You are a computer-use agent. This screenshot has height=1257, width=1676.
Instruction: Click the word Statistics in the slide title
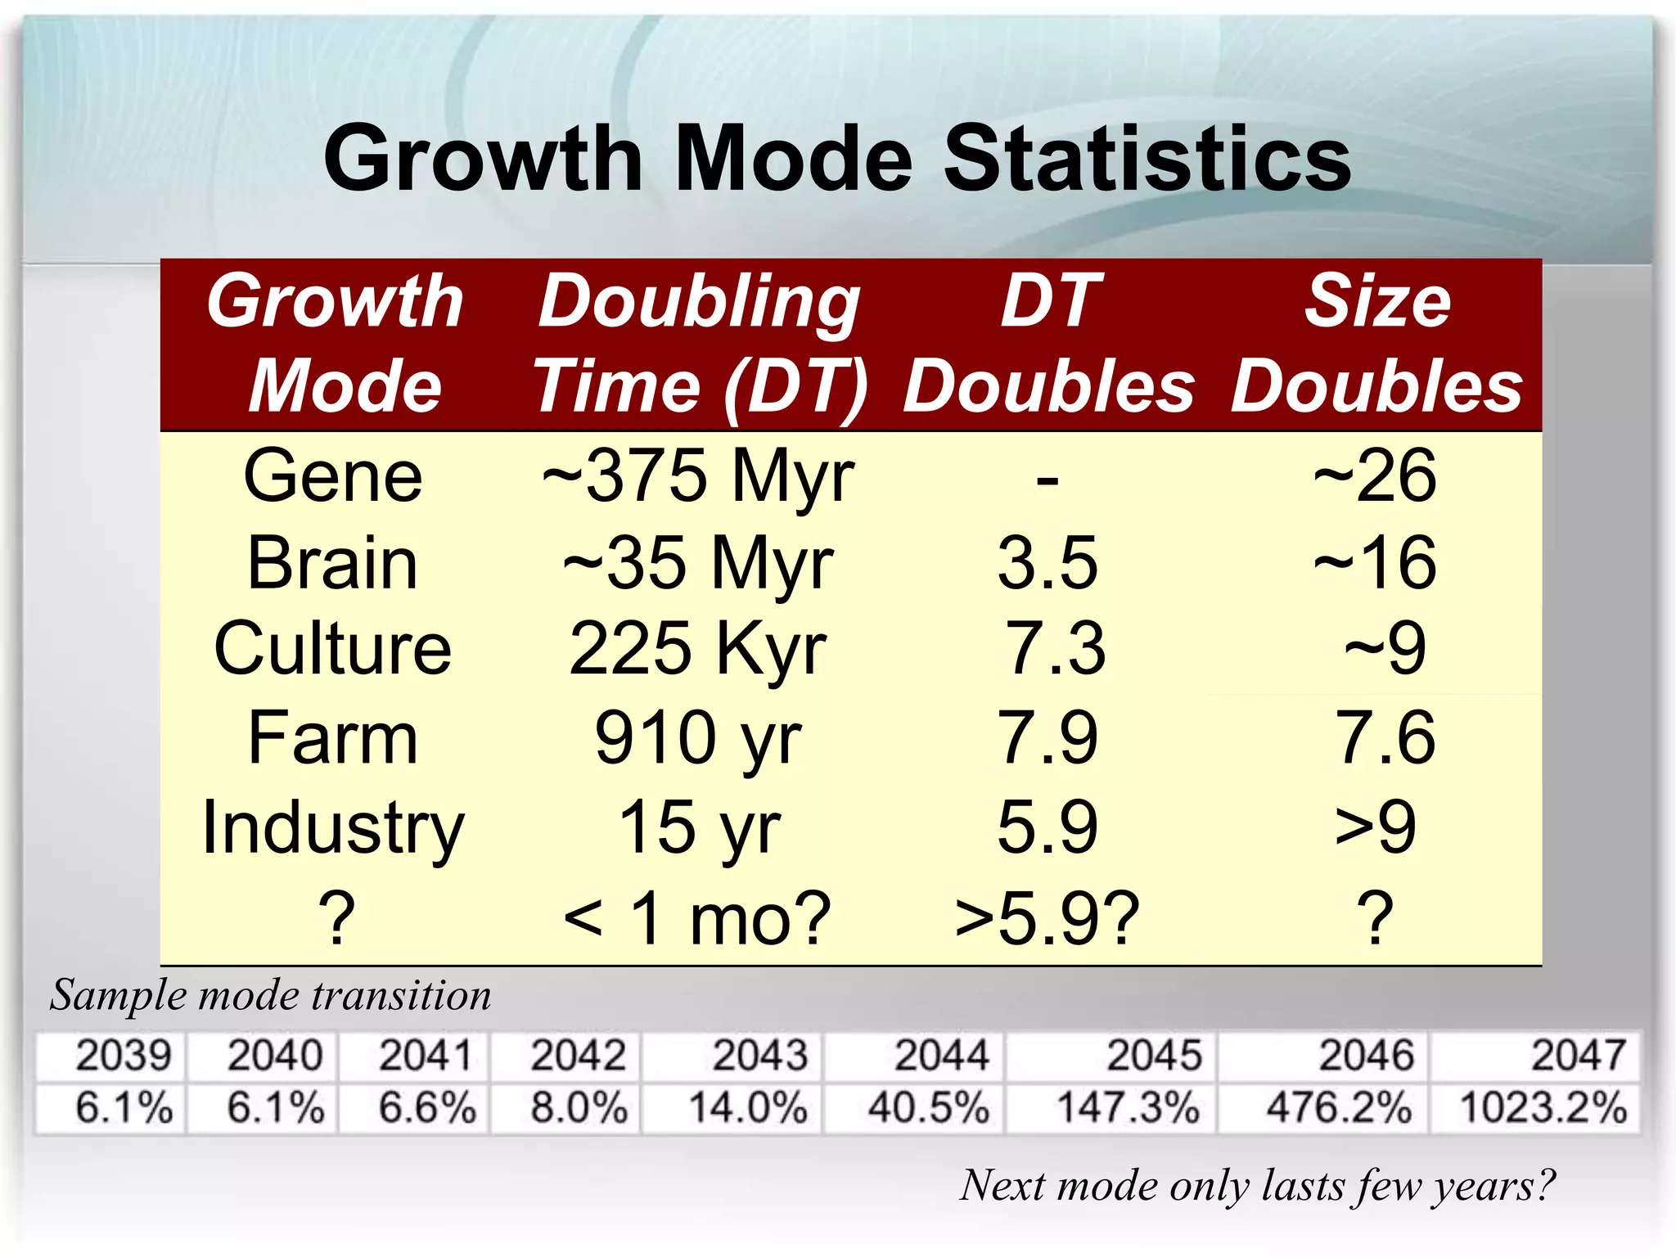[x=1147, y=159]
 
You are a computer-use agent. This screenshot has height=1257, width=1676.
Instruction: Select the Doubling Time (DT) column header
[x=700, y=344]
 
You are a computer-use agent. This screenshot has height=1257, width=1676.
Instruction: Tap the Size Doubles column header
[x=1376, y=344]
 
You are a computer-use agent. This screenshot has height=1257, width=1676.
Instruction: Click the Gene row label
[x=333, y=476]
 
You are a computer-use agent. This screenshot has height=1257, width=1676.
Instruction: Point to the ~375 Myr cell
[x=698, y=476]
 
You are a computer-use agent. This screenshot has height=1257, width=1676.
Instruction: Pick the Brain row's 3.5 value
[x=1047, y=563]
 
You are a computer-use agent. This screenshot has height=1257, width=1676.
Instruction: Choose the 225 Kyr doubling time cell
[x=698, y=649]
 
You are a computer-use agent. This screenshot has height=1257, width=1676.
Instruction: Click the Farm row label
[x=333, y=738]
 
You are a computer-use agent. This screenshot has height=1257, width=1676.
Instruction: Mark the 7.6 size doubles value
[x=1385, y=738]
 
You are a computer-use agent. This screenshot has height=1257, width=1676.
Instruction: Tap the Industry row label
[x=333, y=828]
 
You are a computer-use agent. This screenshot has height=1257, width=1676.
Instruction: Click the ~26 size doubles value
[x=1375, y=476]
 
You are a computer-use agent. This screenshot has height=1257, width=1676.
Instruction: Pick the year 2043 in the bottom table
[x=760, y=1056]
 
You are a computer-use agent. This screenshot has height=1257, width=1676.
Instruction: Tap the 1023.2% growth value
[x=1543, y=1108]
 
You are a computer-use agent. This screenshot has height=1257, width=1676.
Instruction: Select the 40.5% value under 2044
[x=929, y=1108]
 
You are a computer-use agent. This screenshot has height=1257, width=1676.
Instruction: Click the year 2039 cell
[x=124, y=1056]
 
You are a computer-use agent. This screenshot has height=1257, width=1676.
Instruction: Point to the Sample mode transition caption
[x=271, y=996]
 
